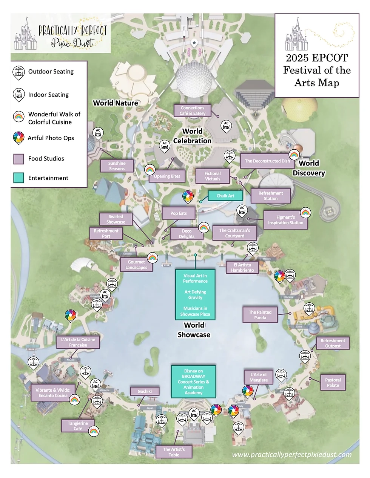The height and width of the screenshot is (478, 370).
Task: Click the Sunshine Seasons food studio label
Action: (117, 166)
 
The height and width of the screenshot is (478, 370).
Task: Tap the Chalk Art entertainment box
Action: (225, 196)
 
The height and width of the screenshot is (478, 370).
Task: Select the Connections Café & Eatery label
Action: (192, 110)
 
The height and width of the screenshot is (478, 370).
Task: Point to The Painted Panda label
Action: (260, 315)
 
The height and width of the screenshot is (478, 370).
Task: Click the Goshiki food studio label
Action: (144, 391)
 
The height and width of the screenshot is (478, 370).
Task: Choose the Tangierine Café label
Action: (78, 426)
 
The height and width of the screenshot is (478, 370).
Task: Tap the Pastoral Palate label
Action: (333, 383)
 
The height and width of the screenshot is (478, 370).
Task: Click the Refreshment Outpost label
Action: (333, 343)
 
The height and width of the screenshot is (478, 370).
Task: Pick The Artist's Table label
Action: (174, 452)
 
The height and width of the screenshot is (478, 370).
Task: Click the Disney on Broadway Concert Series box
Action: (193, 382)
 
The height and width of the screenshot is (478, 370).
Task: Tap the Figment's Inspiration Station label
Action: (285, 220)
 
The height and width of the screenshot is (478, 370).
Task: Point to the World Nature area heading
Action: (116, 103)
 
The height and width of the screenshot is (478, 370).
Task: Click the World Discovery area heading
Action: (309, 168)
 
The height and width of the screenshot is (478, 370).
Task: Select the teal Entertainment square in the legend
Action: (18, 178)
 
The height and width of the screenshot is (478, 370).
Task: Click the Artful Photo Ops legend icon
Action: (18, 138)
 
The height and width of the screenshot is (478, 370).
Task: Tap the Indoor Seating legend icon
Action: (19, 95)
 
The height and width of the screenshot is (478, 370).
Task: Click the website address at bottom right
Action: (291, 455)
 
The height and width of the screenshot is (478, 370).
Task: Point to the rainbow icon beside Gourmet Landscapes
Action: (152, 257)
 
